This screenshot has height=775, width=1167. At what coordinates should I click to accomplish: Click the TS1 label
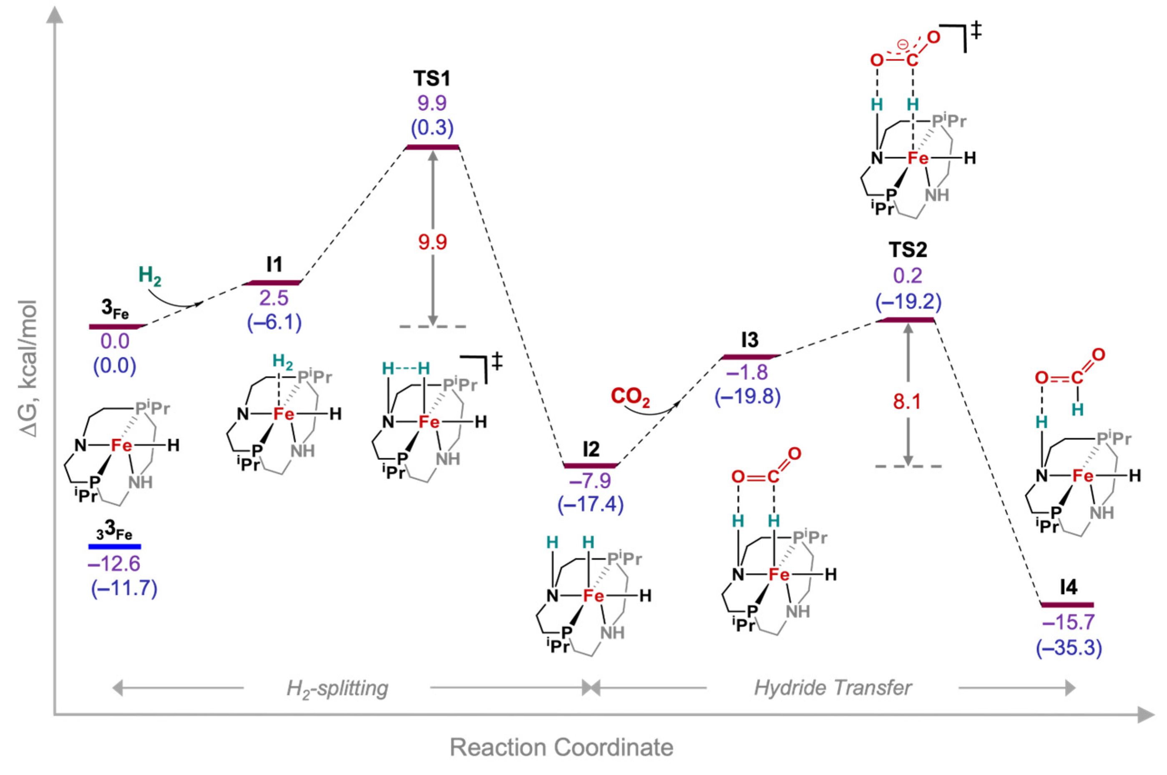click(x=432, y=79)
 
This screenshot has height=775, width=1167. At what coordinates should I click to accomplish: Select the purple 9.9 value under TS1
click(x=432, y=104)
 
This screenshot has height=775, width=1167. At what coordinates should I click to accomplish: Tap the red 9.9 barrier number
click(x=432, y=242)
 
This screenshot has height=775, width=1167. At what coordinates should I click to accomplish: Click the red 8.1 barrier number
click(x=907, y=402)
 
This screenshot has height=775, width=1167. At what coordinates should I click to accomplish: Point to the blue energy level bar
click(x=115, y=546)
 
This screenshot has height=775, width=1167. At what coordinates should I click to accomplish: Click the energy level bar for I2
click(x=591, y=465)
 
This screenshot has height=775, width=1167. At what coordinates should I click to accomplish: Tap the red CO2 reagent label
click(x=630, y=396)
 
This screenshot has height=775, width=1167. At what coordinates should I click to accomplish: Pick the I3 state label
click(x=749, y=340)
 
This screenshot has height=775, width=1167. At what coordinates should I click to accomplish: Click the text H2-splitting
click(x=338, y=688)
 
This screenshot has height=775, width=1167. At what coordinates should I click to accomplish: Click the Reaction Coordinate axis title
click(x=561, y=747)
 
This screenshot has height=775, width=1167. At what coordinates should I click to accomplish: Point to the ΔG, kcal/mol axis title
click(x=29, y=368)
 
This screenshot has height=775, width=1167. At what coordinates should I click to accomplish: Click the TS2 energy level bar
click(x=905, y=320)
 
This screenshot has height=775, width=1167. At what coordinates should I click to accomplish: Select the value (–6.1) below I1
click(x=274, y=323)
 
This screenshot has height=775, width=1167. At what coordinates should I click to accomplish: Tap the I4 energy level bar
click(x=1067, y=604)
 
